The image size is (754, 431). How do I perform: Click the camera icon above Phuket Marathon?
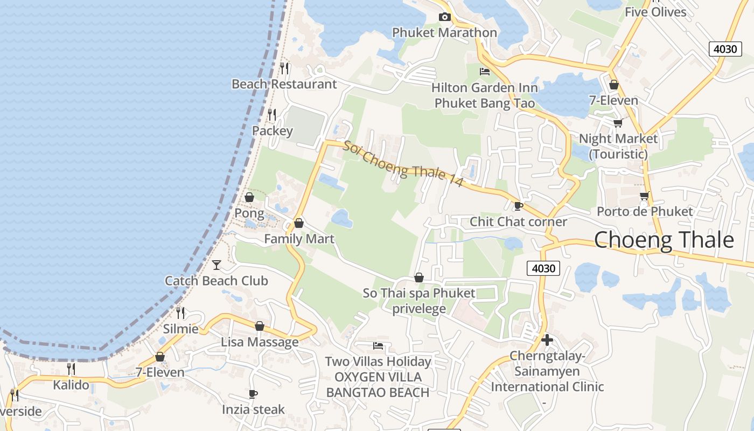click(444, 17)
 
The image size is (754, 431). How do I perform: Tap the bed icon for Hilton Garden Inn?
click(485, 71)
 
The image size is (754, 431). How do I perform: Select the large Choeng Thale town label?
click(664, 240)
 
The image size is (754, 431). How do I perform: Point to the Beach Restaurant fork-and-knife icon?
click(284, 68)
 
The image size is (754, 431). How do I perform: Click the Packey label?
click(273, 131)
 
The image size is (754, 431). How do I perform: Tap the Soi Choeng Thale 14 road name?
click(403, 164)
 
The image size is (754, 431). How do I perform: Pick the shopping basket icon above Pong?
click(249, 197)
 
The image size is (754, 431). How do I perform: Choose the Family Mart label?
click(299, 239)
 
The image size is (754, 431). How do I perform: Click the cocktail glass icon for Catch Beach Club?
click(217, 265)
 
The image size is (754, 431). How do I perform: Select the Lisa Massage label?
click(260, 342)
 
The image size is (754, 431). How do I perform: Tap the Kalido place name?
click(71, 385)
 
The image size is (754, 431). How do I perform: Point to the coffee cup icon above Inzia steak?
click(253, 394)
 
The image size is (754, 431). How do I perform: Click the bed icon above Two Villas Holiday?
click(378, 345)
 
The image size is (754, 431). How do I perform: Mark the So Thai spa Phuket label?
click(419, 294)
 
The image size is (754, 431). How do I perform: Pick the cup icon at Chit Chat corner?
click(519, 206)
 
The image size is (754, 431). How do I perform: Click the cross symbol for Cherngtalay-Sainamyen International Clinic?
click(547, 340)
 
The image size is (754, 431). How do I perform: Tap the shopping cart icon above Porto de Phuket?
click(644, 196)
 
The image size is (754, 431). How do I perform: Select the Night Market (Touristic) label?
click(618, 146)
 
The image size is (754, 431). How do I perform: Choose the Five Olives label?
click(655, 12)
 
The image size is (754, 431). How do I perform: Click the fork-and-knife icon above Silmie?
click(180, 312)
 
